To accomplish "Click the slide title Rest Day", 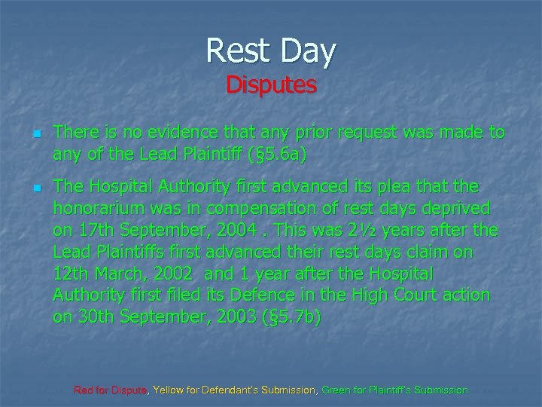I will tap(271, 51).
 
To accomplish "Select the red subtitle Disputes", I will tap(271, 84).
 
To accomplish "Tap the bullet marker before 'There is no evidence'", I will tap(35, 133).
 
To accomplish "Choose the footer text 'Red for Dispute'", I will tap(111, 390).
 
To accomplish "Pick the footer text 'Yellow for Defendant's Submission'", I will tap(235, 390).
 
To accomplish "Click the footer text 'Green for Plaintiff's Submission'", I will tap(394, 390).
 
